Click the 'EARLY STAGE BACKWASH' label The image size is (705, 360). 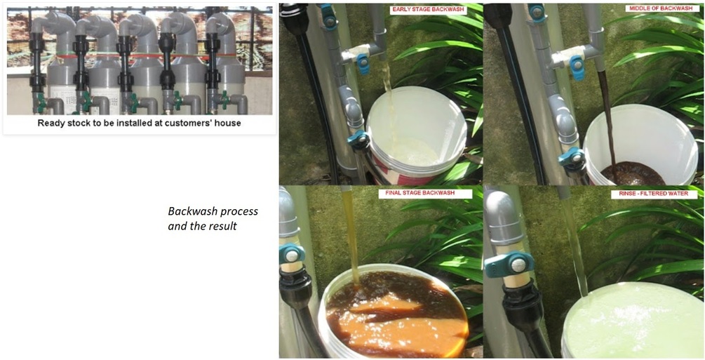[x=428, y=10]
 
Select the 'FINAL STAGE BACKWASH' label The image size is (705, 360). [x=425, y=194]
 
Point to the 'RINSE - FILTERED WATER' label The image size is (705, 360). [x=654, y=194]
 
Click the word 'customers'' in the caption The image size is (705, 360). [x=185, y=123]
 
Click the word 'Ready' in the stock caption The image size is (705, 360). [x=49, y=124]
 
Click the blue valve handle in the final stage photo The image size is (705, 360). [x=292, y=254]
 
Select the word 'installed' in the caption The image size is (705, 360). [x=136, y=123]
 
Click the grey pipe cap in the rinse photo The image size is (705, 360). [x=503, y=217]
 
